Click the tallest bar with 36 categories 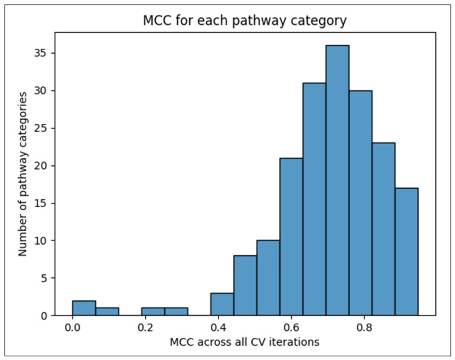(x=338, y=180)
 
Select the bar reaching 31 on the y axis (x=314, y=199)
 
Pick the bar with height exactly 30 (x=361, y=203)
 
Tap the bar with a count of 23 (x=384, y=229)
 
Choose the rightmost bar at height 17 (x=407, y=252)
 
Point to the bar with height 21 (x=291, y=236)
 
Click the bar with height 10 (x=269, y=278)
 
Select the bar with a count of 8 (x=245, y=285)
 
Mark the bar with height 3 (x=222, y=304)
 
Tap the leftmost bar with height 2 (x=84, y=308)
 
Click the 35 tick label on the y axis (x=40, y=54)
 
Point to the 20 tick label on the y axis (x=40, y=166)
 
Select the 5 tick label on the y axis (x=44, y=278)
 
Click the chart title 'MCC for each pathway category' (x=245, y=21)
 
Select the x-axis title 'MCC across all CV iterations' (x=245, y=342)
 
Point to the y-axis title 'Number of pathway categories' (x=23, y=174)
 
